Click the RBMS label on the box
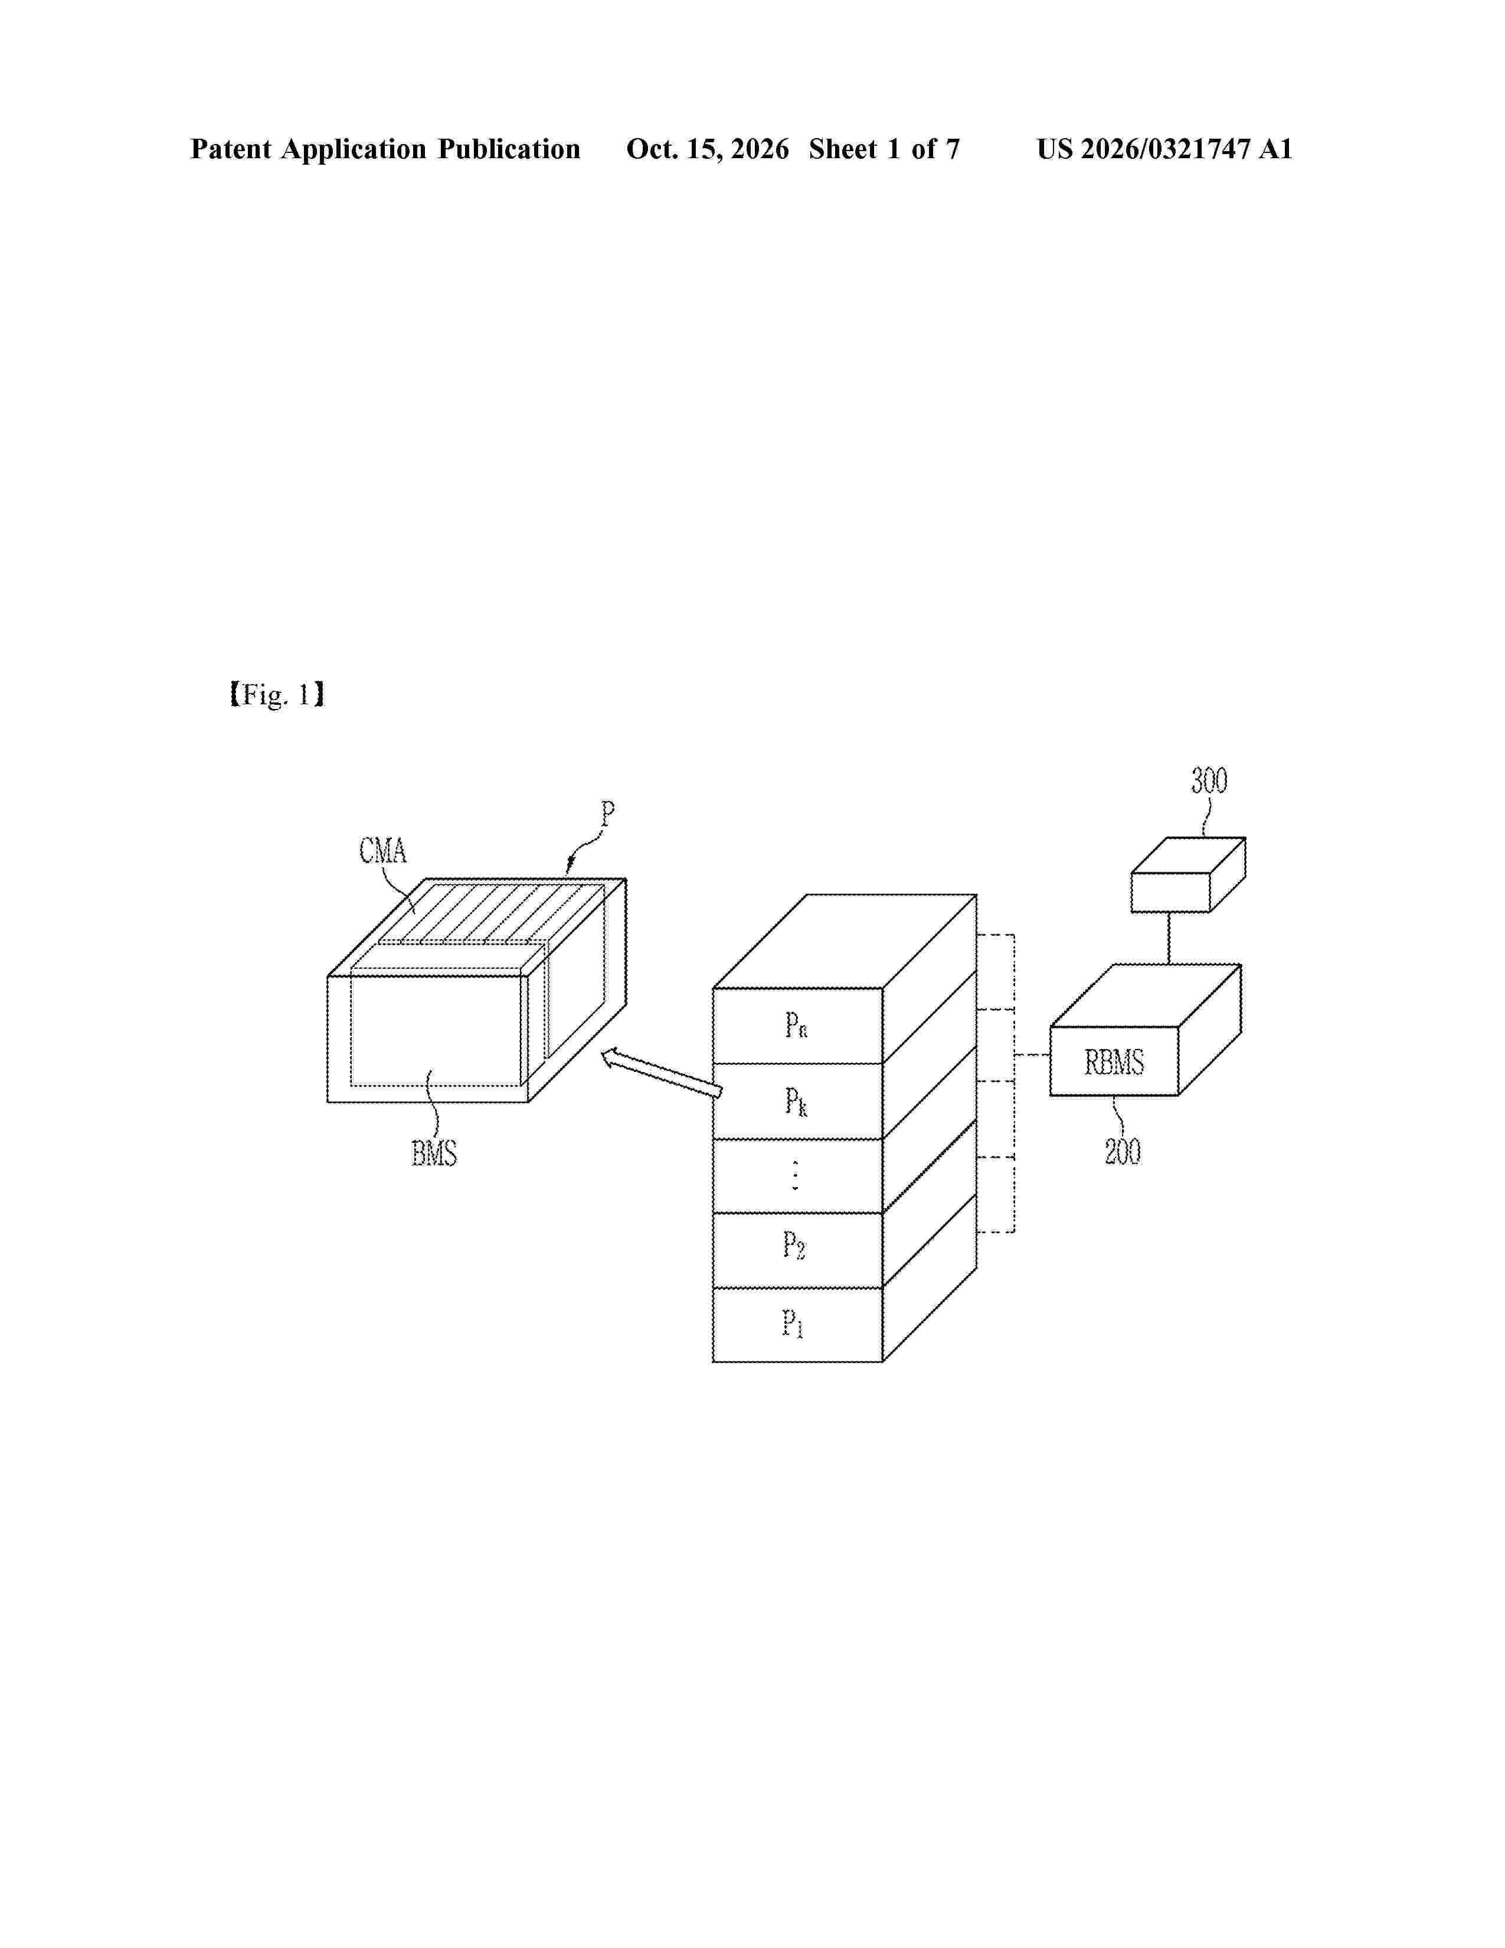1114,1063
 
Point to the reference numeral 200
1123,1152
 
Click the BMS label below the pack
434,1154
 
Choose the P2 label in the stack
793,1245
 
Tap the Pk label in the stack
796,1103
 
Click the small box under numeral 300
1187,874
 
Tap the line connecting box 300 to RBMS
1169,939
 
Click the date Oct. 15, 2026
707,149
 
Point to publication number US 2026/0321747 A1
1164,149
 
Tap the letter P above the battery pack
607,813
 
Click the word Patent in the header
231,149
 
